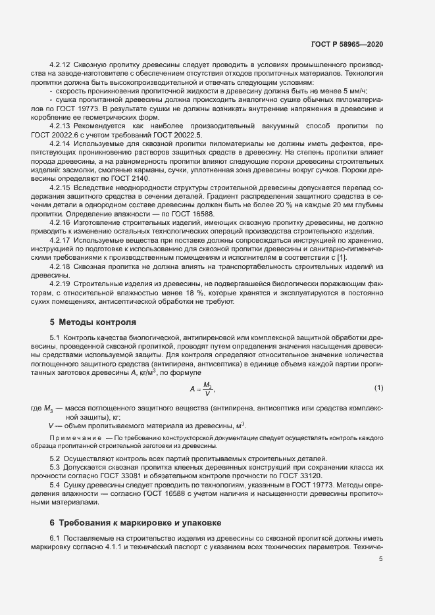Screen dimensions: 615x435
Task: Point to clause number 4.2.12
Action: point(60,64)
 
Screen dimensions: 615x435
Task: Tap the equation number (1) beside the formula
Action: point(378,388)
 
